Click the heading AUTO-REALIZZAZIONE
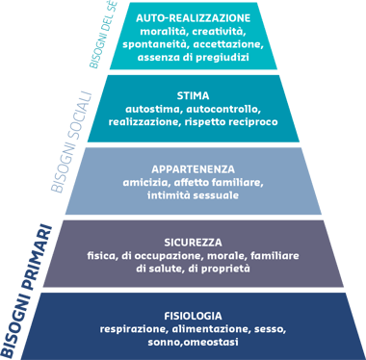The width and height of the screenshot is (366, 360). tap(194, 18)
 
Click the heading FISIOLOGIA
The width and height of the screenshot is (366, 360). tap(194, 315)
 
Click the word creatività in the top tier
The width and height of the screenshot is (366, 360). tap(221, 32)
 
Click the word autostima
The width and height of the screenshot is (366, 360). tap(158, 109)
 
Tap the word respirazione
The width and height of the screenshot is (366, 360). tap(131, 328)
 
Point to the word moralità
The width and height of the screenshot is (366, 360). tap(163, 32)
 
